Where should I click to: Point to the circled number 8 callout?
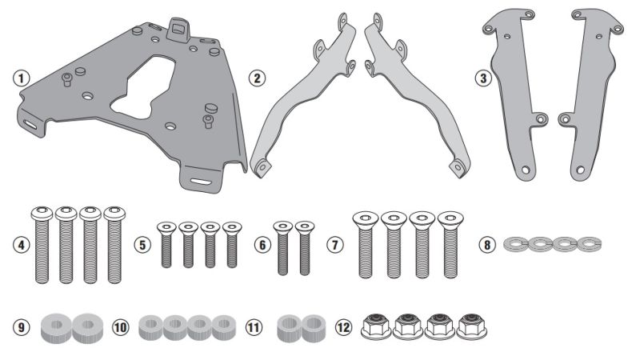490,244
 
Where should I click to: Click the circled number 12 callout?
344,328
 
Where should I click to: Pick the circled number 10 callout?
121,328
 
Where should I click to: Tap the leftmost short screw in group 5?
166,243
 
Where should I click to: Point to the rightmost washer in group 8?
590,243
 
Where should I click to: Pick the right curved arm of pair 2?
408,88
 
